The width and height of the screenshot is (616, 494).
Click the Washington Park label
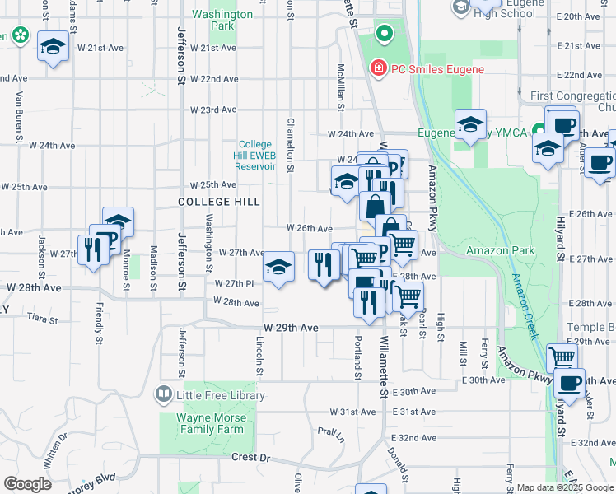(222, 21)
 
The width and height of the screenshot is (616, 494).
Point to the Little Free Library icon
(163, 396)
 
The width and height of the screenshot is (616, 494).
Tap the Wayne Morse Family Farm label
(212, 423)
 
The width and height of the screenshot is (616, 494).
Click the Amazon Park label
(500, 250)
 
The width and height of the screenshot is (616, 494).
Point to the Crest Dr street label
(251, 457)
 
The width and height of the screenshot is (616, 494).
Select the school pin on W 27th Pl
(279, 268)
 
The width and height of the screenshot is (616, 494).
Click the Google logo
(27, 483)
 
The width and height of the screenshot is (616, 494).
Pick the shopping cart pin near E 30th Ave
(562, 357)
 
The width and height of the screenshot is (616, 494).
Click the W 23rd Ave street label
(213, 110)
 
